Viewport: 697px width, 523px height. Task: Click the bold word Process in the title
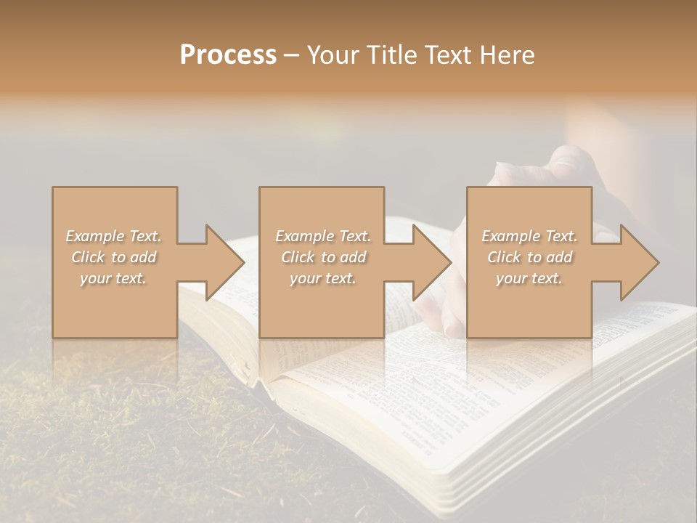coord(228,55)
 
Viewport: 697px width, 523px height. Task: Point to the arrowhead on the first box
coord(222,262)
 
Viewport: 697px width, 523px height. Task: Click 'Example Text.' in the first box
coord(113,236)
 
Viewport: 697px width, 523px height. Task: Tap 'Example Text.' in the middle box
coord(322,236)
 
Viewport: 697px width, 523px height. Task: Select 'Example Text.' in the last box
coord(529,236)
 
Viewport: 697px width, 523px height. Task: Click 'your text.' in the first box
coord(113,278)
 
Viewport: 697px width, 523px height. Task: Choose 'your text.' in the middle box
coord(322,278)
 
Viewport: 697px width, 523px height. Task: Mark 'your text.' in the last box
coord(529,278)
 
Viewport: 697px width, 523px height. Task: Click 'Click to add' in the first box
coord(113,257)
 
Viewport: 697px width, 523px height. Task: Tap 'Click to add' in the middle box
coord(322,257)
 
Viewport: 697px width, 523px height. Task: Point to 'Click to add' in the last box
coord(529,257)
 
